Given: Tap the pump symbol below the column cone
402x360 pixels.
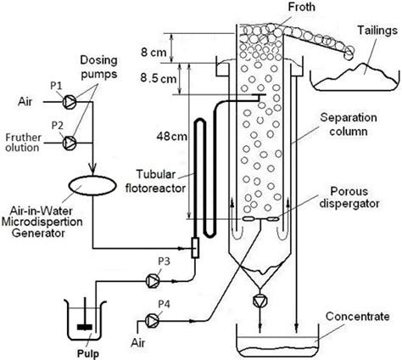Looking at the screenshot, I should pos(259,302).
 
